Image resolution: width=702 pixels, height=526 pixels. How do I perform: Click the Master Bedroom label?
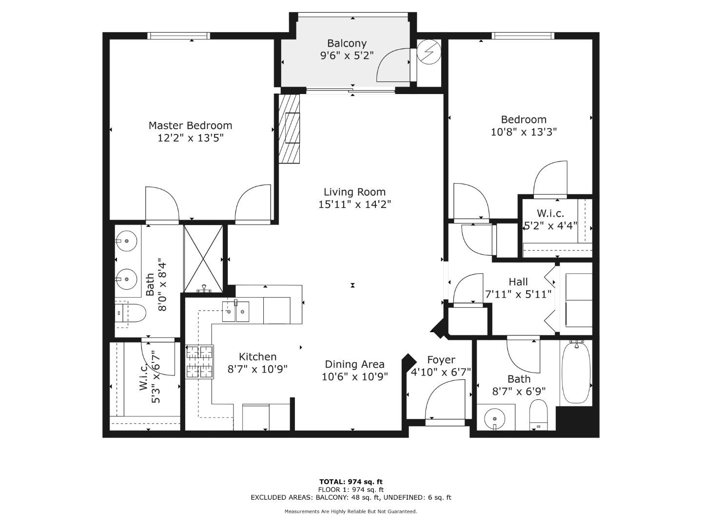190,126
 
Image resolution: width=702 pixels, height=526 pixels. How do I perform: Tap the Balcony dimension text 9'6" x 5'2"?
347,56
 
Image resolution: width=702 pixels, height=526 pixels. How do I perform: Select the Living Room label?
354,192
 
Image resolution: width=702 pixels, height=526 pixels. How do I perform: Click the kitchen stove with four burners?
200,361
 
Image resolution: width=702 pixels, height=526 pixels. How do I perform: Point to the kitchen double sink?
236,312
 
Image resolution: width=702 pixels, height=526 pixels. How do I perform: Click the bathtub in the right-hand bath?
576,373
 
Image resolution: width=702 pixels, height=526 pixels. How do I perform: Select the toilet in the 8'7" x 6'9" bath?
539,414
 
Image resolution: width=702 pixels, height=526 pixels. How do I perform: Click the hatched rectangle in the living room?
289,129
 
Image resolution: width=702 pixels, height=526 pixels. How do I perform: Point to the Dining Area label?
354,364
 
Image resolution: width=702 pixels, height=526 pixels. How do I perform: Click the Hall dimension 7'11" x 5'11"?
518,294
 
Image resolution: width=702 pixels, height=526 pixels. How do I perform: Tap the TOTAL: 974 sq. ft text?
351,482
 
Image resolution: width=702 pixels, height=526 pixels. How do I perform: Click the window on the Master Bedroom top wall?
179,36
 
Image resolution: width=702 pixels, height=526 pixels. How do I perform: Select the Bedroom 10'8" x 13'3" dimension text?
524,131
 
